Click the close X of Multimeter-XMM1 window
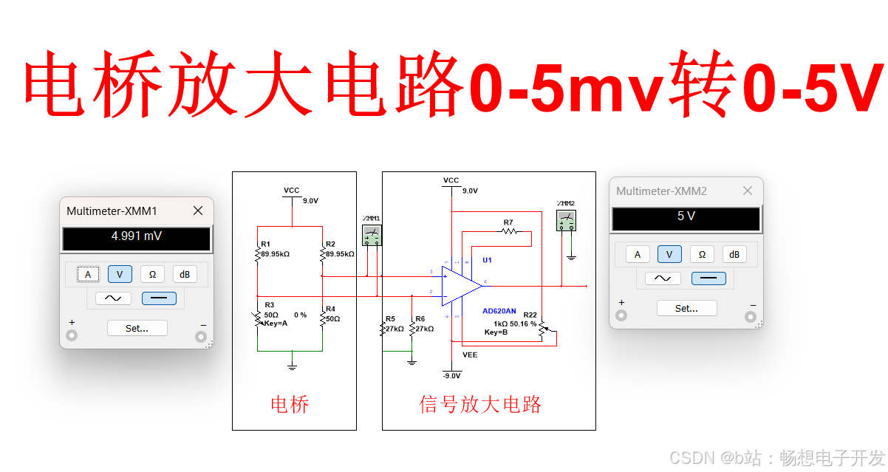(198, 211)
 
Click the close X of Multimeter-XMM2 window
(748, 191)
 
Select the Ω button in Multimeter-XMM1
(152, 275)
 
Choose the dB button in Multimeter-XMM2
(734, 254)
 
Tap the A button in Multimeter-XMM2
(638, 254)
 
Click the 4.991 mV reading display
(137, 237)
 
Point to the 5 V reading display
(686, 217)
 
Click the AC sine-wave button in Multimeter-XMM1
(113, 298)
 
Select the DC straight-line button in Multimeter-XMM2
(708, 278)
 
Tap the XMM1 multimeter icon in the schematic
(372, 234)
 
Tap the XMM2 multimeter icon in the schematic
(567, 219)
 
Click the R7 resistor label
(508, 222)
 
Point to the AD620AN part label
(499, 311)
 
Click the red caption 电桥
(290, 404)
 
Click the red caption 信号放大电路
(481, 404)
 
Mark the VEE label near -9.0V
(470, 355)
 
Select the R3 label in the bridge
(269, 304)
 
